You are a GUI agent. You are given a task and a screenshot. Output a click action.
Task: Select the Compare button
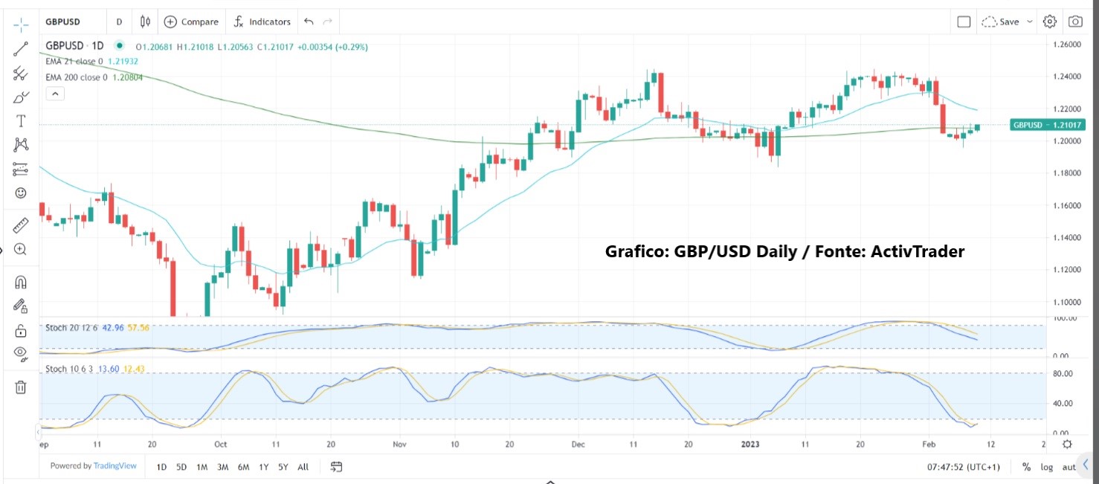tap(192, 22)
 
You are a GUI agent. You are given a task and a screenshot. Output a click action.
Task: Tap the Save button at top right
tap(1008, 22)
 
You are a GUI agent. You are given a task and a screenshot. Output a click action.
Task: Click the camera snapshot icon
tap(1075, 22)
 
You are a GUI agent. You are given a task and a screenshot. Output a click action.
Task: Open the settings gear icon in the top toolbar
tap(1050, 22)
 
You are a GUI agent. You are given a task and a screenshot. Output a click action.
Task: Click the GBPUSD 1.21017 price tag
tap(1047, 125)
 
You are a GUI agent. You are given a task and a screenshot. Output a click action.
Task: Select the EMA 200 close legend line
tap(94, 77)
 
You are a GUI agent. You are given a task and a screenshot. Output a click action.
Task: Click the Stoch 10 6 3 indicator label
tap(71, 368)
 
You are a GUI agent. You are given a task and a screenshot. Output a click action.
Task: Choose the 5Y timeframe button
tap(283, 467)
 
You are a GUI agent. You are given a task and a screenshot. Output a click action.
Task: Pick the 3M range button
tap(222, 467)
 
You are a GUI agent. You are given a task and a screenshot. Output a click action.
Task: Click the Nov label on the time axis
tap(399, 445)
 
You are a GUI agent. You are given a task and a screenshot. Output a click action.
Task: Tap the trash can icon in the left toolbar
tap(21, 387)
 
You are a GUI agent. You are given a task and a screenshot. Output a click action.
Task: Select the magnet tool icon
tap(21, 282)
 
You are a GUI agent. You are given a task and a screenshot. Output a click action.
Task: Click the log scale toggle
tap(1047, 467)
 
